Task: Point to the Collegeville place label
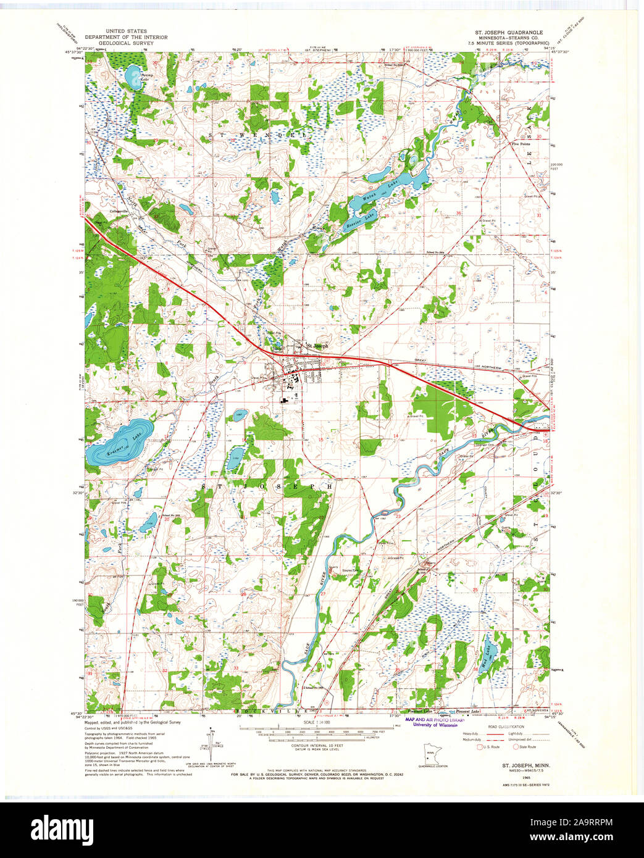pyautogui.click(x=119, y=212)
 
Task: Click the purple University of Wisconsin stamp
pyautogui.click(x=435, y=723)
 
